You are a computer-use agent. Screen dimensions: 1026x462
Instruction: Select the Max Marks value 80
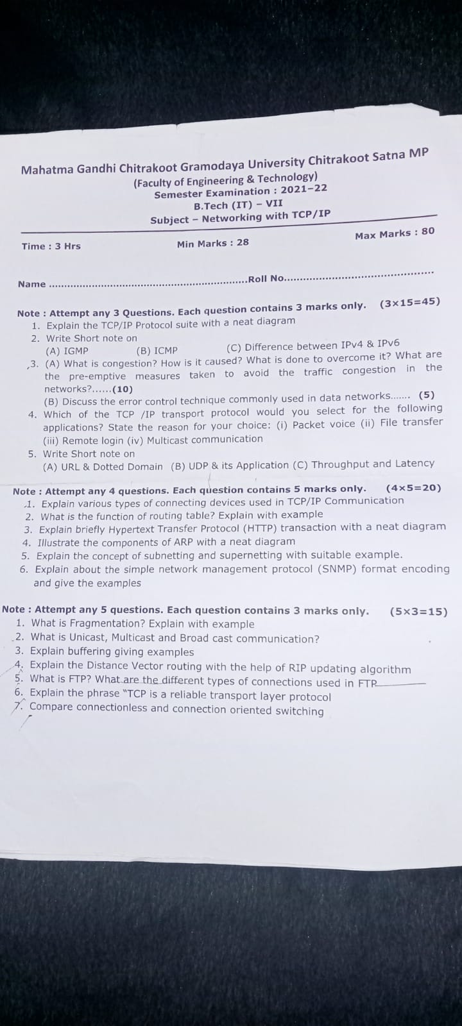428,231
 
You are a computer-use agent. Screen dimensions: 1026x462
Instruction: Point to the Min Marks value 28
242,242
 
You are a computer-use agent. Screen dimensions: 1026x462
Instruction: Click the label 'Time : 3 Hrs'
51,246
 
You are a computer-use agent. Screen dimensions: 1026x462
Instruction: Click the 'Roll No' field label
266,278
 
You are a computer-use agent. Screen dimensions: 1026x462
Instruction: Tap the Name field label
32,284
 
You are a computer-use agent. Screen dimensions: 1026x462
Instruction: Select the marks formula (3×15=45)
410,302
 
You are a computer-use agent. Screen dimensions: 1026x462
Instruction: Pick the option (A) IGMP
67,351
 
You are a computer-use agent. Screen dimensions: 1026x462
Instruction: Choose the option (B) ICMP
157,350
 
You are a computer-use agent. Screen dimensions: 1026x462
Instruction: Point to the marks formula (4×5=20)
414,488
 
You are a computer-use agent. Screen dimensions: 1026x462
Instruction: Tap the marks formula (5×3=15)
418,612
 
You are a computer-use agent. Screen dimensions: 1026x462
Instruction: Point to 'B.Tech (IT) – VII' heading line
238,205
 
